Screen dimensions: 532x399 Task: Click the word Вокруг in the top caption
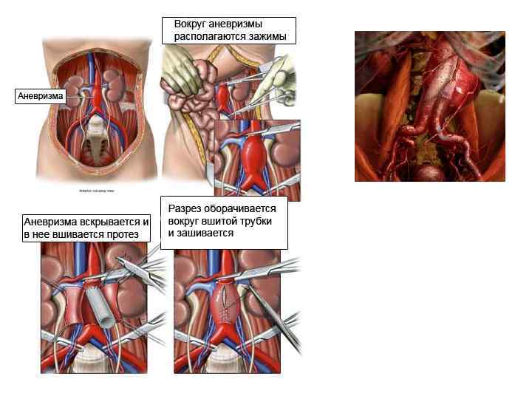pos(189,24)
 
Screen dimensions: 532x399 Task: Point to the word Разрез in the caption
pos(185,209)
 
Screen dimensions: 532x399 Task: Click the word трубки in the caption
pos(257,221)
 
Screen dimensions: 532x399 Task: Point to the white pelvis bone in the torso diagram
pos(97,140)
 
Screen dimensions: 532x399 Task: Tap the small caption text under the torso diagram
pos(97,191)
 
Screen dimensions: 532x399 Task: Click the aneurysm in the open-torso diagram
pos(96,93)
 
